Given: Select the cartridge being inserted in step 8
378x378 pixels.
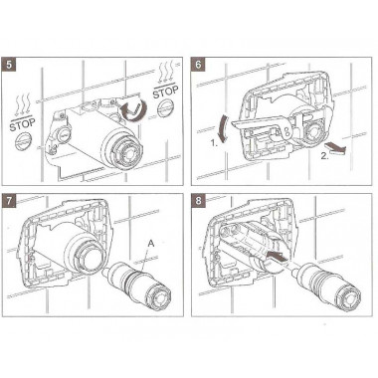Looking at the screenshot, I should point(325,288).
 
